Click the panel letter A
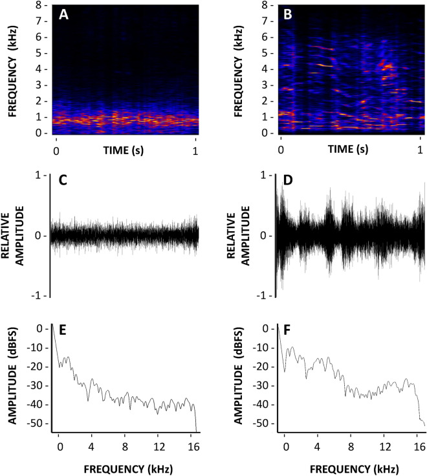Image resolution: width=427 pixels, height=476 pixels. (65, 15)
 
